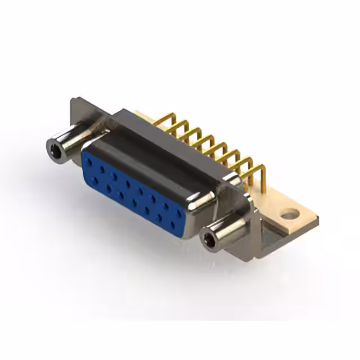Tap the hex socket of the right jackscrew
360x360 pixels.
(209, 241)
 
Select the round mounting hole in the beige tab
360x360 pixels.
(289, 214)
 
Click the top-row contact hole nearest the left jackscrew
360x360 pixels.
(89, 161)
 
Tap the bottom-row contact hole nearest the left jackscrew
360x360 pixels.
(95, 180)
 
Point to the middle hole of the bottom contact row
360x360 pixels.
(134, 202)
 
